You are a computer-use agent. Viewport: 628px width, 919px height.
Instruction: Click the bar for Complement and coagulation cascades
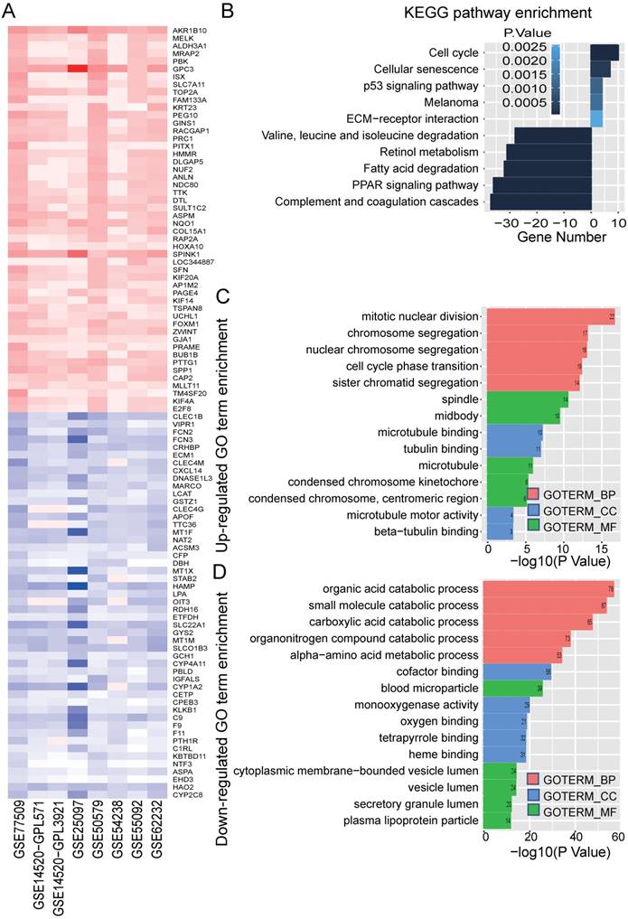pyautogui.click(x=540, y=202)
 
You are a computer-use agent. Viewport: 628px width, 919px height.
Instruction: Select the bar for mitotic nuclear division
pyautogui.click(x=550, y=317)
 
